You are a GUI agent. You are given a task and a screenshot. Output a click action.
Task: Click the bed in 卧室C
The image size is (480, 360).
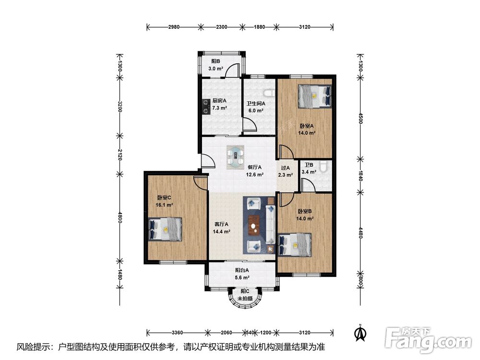coord(165,229)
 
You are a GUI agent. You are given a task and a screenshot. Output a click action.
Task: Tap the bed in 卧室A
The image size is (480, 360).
coord(315,96)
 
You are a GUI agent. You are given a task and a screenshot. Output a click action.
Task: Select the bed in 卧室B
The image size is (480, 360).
coord(295,245)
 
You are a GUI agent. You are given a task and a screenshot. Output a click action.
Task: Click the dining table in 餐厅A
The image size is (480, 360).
coord(235,157)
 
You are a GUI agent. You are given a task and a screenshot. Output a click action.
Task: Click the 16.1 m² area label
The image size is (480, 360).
coord(165,205)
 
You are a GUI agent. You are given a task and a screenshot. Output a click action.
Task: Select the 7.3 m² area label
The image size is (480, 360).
coord(219,108)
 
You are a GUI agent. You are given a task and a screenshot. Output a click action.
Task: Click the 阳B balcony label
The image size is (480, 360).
coord(216,61)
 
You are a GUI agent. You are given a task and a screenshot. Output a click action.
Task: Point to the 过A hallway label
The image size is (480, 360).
coord(285,168)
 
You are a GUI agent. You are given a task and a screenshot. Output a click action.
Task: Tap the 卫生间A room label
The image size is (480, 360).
coord(256,104)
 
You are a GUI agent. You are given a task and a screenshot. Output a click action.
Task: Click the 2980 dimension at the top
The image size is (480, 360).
coord(174,27)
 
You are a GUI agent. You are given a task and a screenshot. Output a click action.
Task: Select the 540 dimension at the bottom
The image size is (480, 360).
coord(250,333)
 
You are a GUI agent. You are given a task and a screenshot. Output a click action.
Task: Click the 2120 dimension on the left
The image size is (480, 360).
coord(120,155)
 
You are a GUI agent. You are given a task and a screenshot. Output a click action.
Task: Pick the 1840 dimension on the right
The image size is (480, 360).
coord(360,176)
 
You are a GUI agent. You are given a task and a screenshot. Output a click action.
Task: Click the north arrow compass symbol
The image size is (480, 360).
coord(360,333)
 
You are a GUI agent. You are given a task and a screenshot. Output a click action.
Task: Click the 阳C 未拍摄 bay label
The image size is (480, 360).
coord(245,295)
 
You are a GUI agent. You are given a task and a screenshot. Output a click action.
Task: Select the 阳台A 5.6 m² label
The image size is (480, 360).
coord(242,274)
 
